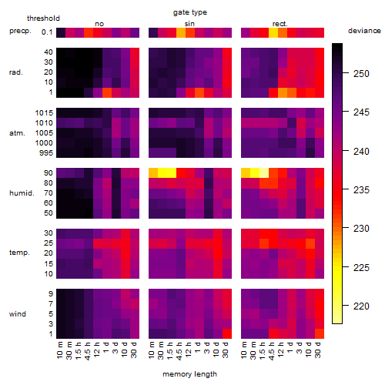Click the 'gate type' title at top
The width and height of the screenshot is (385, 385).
tap(190, 12)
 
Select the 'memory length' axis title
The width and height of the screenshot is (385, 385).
tap(190, 374)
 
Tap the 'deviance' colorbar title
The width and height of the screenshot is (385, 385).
tap(364, 31)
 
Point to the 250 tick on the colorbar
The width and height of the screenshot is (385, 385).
tap(346, 73)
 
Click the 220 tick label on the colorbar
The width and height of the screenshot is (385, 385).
tap(361, 306)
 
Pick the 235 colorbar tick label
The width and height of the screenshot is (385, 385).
tap(361, 190)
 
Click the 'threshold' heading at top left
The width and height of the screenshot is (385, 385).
tap(43, 18)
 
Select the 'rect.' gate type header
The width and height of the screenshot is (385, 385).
tap(280, 24)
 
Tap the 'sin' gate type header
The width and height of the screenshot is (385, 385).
tap(189, 24)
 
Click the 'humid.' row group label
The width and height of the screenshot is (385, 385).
tap(22, 193)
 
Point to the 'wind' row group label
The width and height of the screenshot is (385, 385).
tap(18, 314)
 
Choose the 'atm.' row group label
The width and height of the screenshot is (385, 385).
tap(17, 133)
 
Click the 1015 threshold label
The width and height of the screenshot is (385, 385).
tap(44, 113)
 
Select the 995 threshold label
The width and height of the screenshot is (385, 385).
tap(46, 153)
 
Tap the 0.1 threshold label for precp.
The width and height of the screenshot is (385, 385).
tap(47, 32)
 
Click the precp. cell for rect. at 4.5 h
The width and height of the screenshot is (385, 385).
tap(273, 32)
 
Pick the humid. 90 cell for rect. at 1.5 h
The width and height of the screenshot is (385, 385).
tap(264, 173)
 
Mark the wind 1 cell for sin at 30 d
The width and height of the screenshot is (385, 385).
tap(227, 333)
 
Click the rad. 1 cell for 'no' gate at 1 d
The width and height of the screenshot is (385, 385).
tap(107, 92)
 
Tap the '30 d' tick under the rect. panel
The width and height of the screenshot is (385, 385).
tap(318, 350)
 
